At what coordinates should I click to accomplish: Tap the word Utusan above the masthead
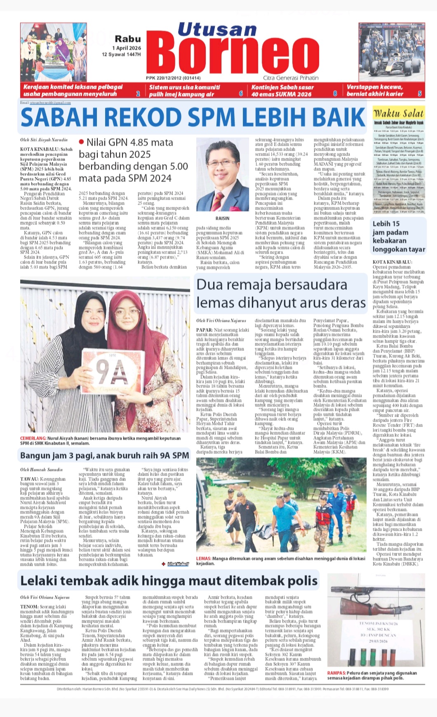tap(217, 30)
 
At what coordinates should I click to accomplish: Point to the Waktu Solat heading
tap(398, 113)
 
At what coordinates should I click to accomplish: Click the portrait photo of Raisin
tap(222, 175)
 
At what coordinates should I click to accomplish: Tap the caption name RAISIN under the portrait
tap(222, 218)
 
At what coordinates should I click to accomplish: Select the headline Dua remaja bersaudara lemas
tap(280, 294)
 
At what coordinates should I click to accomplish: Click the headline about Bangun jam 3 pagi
tap(104, 455)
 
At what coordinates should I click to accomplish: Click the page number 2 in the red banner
tap(138, 94)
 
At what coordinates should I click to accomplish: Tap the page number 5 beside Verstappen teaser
tap(420, 93)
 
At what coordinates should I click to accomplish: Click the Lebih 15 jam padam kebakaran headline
tap(398, 236)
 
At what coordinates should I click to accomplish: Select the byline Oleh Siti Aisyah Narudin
tap(44, 140)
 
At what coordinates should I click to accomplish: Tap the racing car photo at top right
tap(391, 51)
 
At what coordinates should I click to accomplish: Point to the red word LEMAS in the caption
tap(204, 558)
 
